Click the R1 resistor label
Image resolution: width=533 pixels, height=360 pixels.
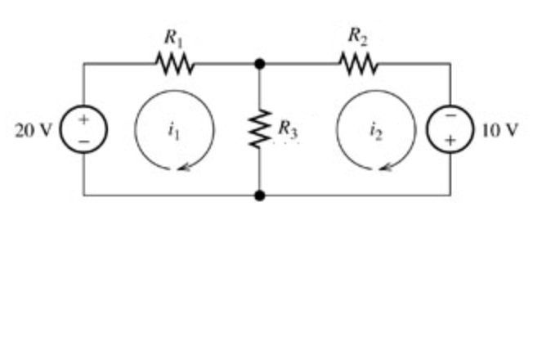tap(172, 37)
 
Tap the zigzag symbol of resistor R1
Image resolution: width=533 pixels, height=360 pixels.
tap(173, 63)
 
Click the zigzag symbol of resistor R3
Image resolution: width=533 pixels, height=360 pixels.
tap(260, 129)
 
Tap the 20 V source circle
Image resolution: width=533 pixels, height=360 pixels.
tap(83, 129)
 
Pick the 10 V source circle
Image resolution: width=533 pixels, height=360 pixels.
tap(450, 129)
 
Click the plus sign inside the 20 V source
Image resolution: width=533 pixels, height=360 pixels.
tap(83, 119)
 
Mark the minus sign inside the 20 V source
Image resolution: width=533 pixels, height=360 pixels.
tap(83, 140)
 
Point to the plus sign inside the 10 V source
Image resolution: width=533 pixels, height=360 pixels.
tap(450, 141)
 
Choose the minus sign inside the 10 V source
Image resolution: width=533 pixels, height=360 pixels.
tap(450, 119)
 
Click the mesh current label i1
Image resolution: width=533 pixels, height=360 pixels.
tap(171, 128)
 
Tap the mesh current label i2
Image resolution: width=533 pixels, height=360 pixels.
tap(374, 128)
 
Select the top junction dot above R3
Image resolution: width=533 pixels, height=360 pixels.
tap(260, 63)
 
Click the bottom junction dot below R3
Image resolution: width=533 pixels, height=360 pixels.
tap(260, 196)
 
